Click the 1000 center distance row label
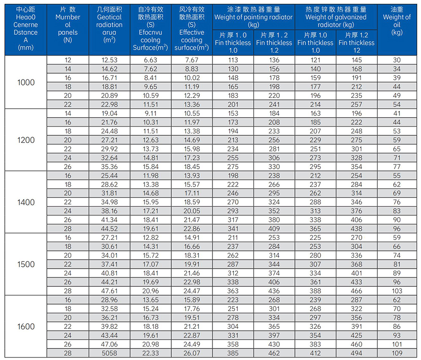(x=26, y=82)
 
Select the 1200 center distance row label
(x=26, y=140)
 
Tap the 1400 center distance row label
(x=26, y=202)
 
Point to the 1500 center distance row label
(x=26, y=264)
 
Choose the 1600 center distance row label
(x=26, y=327)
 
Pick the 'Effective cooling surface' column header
(x=191, y=29)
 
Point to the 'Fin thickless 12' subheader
(x=356, y=43)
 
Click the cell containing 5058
(x=109, y=352)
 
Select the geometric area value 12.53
(x=109, y=60)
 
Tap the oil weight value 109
(x=397, y=352)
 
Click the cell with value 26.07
(x=191, y=352)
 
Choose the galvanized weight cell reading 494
(x=356, y=352)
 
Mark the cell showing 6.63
(x=150, y=60)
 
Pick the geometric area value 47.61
(x=109, y=290)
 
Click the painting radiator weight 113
(x=233, y=60)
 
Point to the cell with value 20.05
(x=191, y=211)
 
